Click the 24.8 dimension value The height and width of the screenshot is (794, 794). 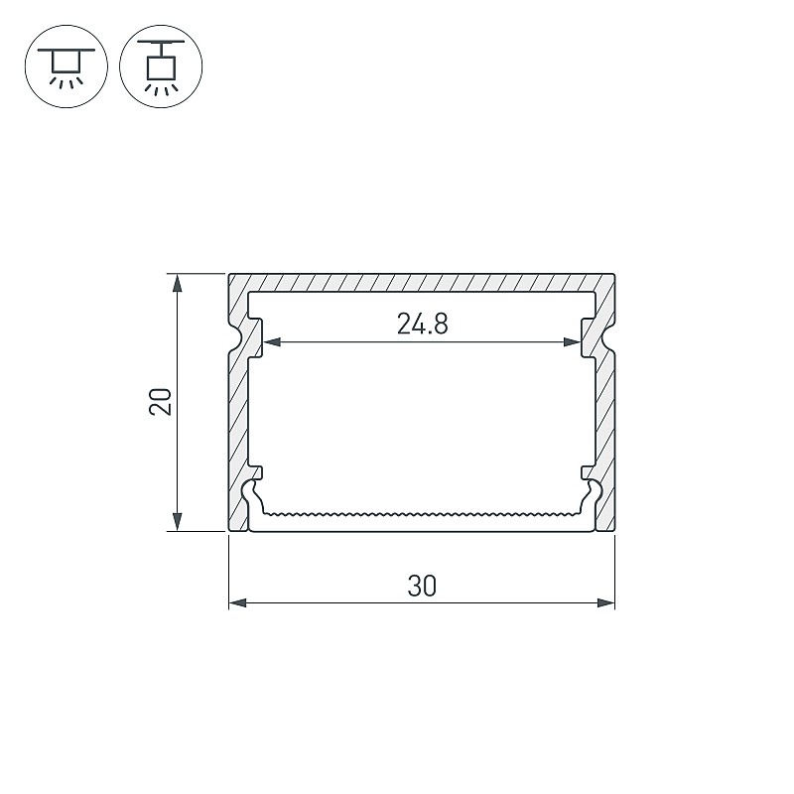(x=423, y=325)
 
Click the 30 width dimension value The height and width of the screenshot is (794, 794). (x=421, y=586)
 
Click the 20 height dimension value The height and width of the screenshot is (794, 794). (x=161, y=402)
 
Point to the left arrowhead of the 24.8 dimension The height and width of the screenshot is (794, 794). (x=273, y=342)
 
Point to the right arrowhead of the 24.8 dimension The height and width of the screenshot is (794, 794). (x=572, y=342)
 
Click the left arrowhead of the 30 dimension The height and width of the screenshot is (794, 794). (x=237, y=603)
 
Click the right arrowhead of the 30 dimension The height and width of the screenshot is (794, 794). (x=606, y=603)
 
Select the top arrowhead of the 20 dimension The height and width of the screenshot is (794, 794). (x=178, y=283)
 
